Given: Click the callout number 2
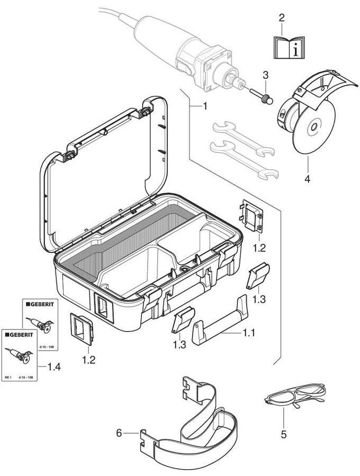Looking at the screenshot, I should click(x=282, y=18).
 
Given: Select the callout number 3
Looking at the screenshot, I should click(x=266, y=74).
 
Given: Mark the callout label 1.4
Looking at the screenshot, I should click(x=54, y=367).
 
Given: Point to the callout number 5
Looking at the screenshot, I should click(x=284, y=435).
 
